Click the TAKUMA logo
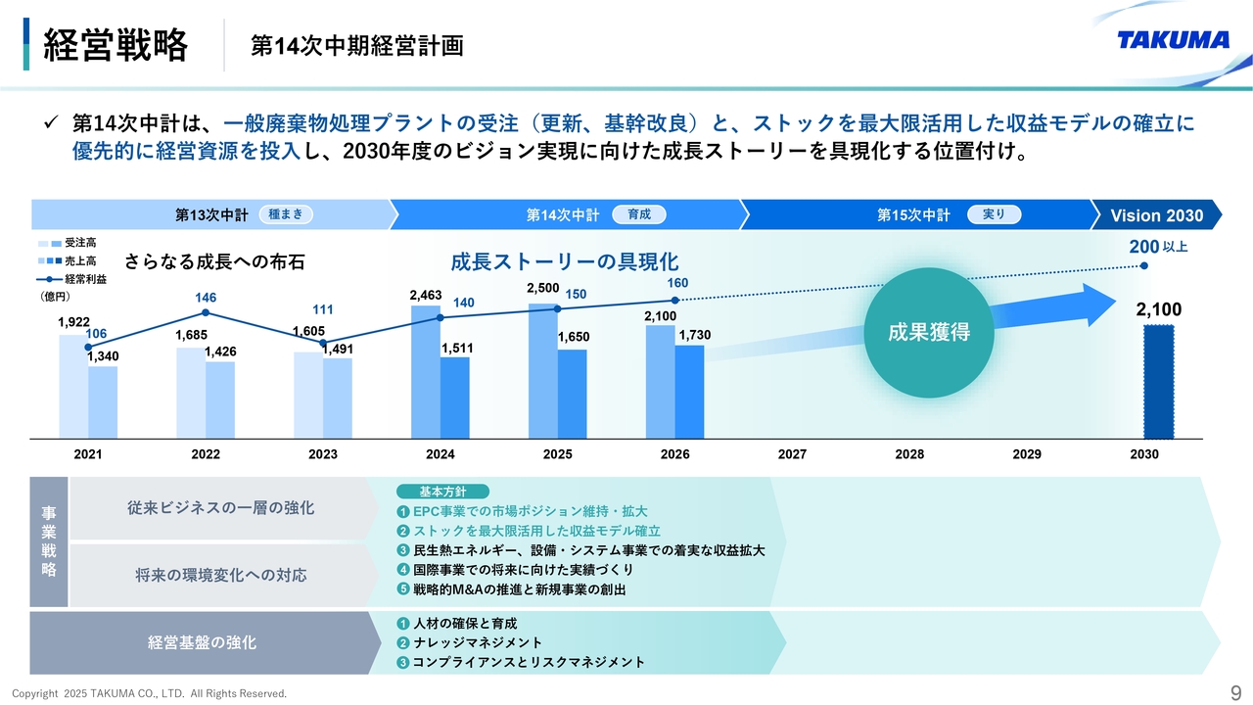[x=1173, y=39]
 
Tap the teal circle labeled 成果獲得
[x=928, y=332]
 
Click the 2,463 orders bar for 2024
[x=426, y=372]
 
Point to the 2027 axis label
[x=792, y=454]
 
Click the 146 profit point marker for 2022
[x=206, y=312]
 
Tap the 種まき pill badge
[x=286, y=214]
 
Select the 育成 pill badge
[x=638, y=214]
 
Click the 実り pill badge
[x=994, y=214]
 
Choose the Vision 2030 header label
[x=1156, y=215]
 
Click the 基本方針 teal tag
[x=442, y=492]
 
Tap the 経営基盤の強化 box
[x=203, y=642]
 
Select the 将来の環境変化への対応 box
[x=221, y=575]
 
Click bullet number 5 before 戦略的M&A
[x=402, y=589]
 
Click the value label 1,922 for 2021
[x=73, y=322]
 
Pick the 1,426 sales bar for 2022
[x=220, y=400]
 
